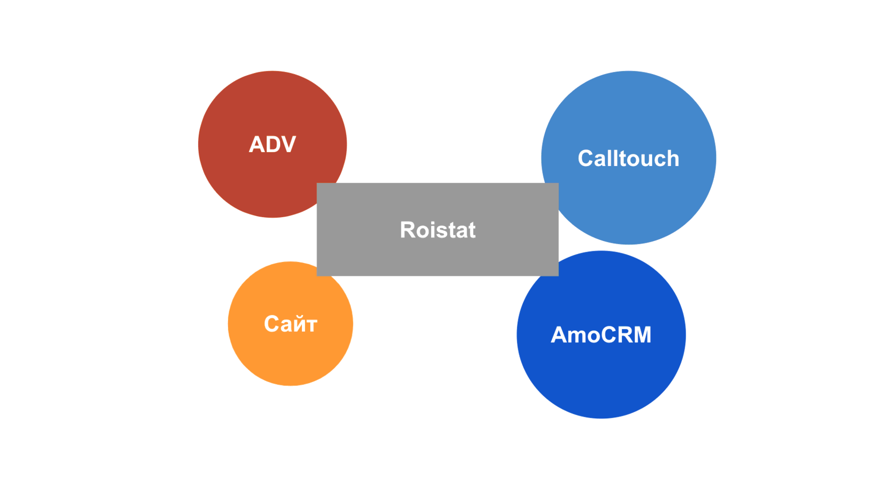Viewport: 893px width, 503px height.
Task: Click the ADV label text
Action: tap(272, 144)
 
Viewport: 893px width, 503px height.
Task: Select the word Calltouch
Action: tap(628, 159)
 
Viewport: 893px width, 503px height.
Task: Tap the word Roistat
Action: tap(438, 230)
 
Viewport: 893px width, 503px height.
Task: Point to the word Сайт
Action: tap(291, 324)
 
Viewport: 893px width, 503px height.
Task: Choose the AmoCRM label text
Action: tap(601, 334)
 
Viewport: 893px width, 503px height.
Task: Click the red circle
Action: tap(272, 144)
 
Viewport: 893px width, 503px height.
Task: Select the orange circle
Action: tap(291, 324)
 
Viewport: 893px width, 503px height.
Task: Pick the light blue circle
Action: tap(628, 158)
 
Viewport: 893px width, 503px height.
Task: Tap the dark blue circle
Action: tap(601, 334)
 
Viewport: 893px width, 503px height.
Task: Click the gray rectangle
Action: tap(437, 229)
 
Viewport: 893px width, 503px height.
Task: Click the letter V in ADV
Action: tap(288, 144)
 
